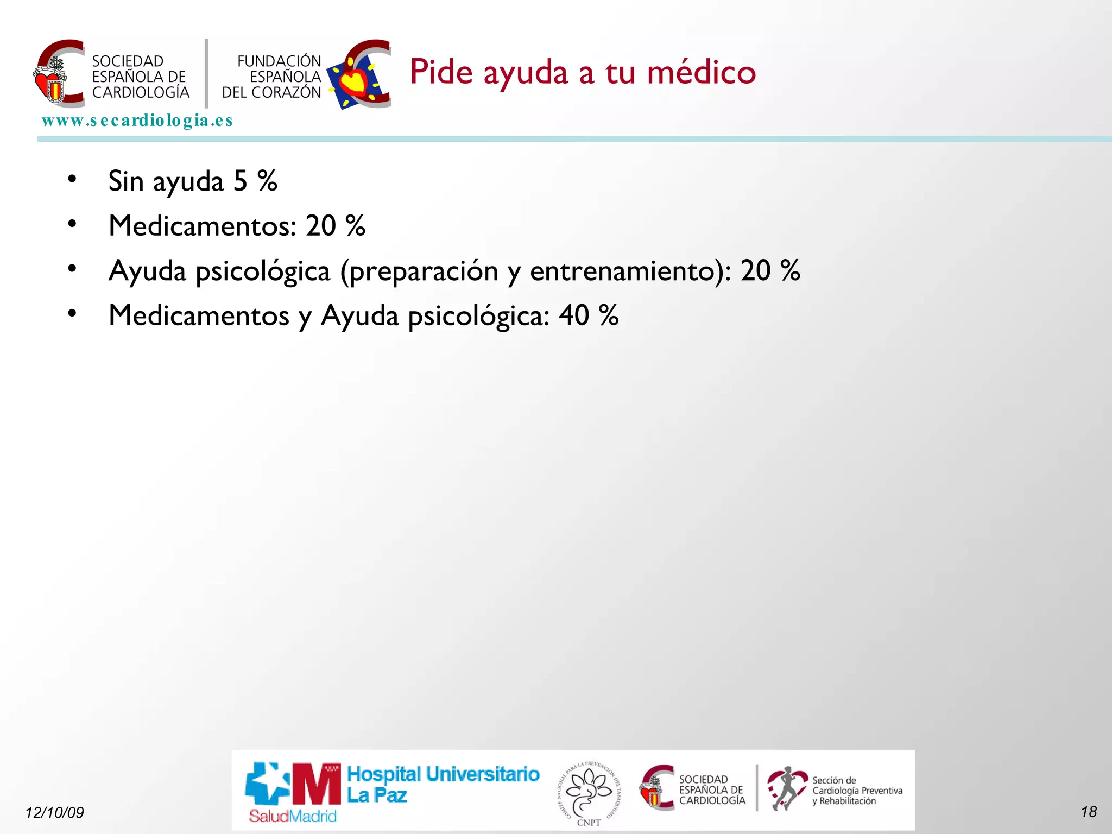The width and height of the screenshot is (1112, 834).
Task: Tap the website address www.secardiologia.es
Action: (137, 120)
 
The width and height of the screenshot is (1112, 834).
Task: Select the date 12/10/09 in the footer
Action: (54, 812)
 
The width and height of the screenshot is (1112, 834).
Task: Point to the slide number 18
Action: (1089, 812)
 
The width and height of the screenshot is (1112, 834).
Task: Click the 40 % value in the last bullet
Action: (589, 315)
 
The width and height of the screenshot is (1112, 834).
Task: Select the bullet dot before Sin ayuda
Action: (72, 179)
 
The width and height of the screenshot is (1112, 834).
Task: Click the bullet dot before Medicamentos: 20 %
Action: (72, 224)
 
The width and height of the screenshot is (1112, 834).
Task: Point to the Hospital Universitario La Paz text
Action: (443, 784)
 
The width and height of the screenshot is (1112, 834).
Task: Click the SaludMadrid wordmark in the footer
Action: (293, 816)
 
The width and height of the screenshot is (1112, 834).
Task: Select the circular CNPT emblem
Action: (589, 792)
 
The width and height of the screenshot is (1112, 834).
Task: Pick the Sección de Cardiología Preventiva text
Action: (857, 791)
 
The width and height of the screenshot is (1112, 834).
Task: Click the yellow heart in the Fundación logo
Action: (355, 81)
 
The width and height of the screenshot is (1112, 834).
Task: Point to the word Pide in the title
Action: (441, 72)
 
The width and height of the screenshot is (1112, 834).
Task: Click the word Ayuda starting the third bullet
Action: (147, 271)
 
